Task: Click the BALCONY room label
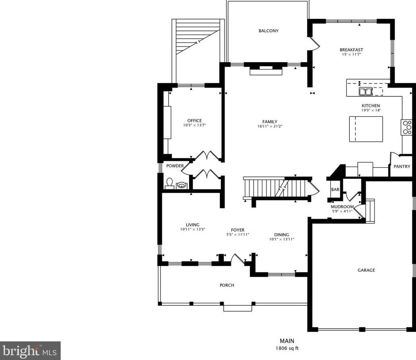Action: (269, 31)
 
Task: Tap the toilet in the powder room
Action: (169, 183)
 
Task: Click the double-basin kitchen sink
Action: (365, 92)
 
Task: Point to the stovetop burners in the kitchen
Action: (406, 128)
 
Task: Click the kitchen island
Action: (366, 129)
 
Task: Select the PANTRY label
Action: (402, 167)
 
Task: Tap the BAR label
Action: (335, 189)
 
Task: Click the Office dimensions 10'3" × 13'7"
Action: (194, 125)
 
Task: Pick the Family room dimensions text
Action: (269, 126)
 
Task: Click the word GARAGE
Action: (366, 270)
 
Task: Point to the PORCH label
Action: (227, 285)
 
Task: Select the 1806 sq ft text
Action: (287, 348)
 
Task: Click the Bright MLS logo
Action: (30, 351)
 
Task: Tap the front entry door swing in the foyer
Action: (238, 259)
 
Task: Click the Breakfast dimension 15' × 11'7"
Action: (351, 54)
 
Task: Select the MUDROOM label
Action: (342, 207)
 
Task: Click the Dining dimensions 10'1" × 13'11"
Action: (281, 239)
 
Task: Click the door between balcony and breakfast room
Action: (314, 43)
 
